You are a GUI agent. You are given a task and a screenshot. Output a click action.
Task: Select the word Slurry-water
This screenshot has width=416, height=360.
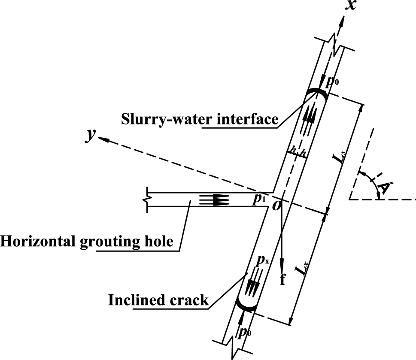(x=162, y=118)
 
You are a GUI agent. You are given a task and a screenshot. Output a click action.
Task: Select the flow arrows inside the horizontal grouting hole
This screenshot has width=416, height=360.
(x=215, y=200)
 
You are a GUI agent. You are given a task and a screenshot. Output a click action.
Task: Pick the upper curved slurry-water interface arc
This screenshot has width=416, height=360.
(x=316, y=92)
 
